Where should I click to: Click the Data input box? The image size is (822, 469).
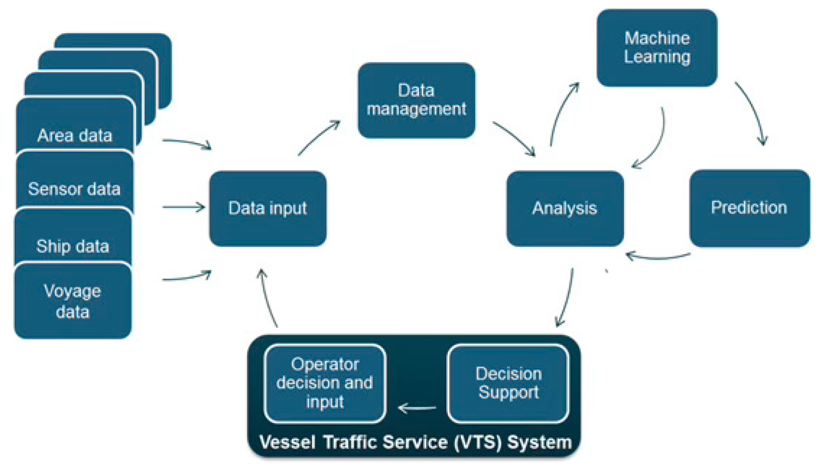pos(268,208)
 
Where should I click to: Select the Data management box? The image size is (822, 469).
pos(416,100)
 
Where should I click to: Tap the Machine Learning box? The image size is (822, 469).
pos(657,47)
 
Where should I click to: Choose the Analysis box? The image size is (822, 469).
pos(565,208)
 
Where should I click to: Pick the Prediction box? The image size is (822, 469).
pos(749,208)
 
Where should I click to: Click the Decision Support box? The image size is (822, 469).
pos(508,383)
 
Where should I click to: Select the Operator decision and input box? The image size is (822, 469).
pos(325,383)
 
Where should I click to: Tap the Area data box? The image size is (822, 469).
pos(75,131)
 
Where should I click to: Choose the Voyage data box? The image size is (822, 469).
pos(73,301)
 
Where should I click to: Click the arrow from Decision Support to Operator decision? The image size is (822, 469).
pos(417,407)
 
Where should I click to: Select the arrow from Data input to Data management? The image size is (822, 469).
pos(319,137)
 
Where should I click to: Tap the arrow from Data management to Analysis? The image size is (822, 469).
pos(514,139)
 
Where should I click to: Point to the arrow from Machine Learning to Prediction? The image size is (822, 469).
pos(752,112)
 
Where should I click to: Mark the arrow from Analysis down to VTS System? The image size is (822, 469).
pos(566,297)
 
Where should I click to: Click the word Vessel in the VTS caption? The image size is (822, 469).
pos(287,442)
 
